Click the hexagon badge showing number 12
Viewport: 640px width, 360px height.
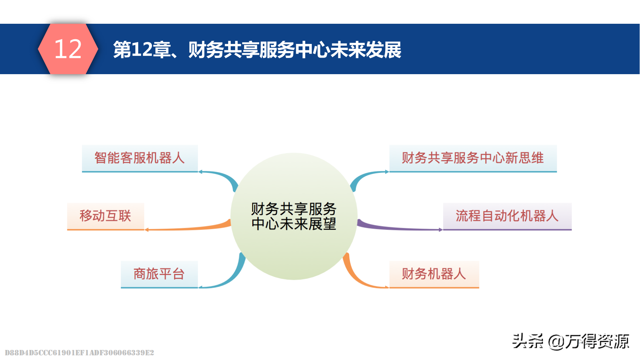pyautogui.click(x=68, y=49)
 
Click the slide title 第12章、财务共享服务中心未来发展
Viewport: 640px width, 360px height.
pyautogui.click(x=257, y=50)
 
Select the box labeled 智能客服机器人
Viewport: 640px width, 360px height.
pyautogui.click(x=140, y=158)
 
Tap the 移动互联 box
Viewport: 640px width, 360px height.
pyautogui.click(x=105, y=216)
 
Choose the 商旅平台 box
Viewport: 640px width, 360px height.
pyautogui.click(x=159, y=274)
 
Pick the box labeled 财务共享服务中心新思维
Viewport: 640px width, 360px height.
pyautogui.click(x=473, y=158)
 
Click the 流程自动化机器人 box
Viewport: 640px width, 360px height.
pyautogui.click(x=507, y=216)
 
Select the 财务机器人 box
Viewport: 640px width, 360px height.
pyautogui.click(x=434, y=274)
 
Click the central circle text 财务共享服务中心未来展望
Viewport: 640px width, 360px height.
pyautogui.click(x=294, y=216)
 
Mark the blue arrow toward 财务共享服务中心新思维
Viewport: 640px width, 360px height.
pyautogui.click(x=367, y=175)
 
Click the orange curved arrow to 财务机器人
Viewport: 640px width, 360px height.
pyautogui.click(x=360, y=279)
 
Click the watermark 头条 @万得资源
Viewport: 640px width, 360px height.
pyautogui.click(x=571, y=341)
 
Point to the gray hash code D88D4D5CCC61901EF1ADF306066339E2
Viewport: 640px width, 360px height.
pyautogui.click(x=79, y=353)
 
